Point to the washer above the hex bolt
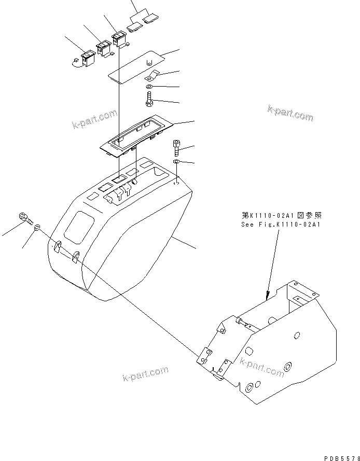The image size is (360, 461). [149, 86]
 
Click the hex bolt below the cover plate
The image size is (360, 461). [149, 97]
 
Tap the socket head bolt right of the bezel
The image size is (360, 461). [177, 148]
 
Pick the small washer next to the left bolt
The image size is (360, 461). [37, 227]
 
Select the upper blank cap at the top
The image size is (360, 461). [150, 19]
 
